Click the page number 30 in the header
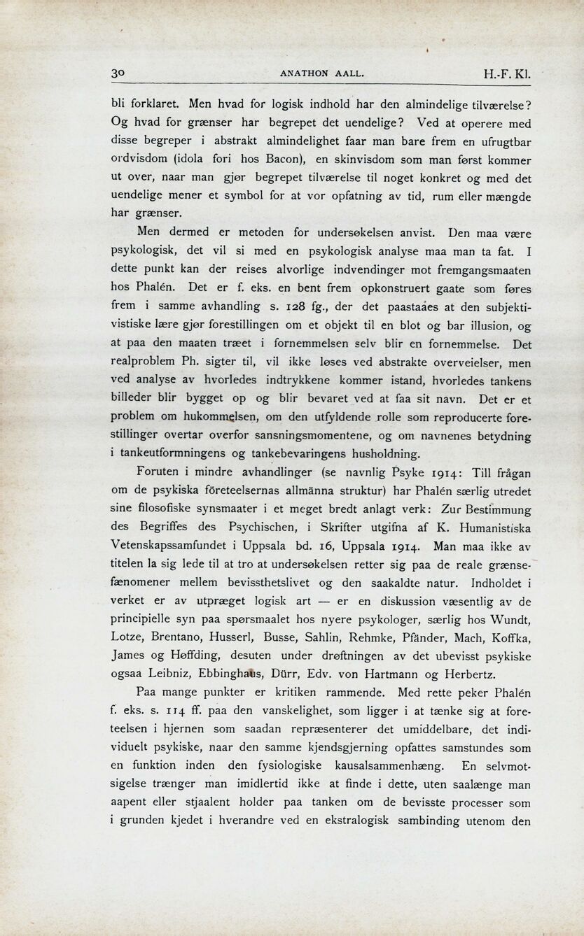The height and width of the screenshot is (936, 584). pos(118,73)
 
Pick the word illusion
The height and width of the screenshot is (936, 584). pos(491,325)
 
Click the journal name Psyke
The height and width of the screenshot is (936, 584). pos(389,472)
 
